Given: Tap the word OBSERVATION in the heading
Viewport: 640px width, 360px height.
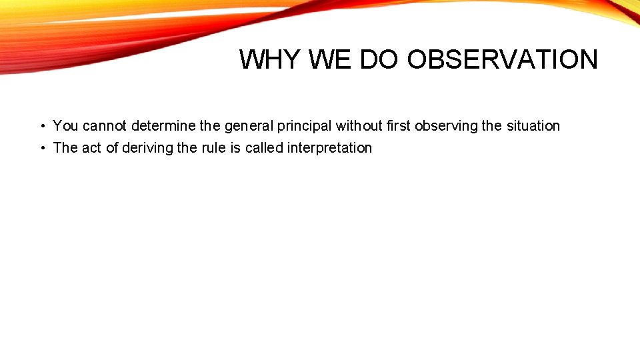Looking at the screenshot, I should point(502,59).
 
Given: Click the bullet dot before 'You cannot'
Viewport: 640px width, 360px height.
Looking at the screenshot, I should point(41,126).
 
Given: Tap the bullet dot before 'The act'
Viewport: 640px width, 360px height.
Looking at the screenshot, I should point(41,148).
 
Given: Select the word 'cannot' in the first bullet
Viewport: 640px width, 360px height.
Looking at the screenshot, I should point(105,126).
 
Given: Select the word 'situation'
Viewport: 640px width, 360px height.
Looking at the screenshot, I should point(533,126).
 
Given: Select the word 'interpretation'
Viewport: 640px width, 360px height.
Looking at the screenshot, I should point(329,148).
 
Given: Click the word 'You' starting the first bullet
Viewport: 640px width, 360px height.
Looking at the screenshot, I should point(65,126).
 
